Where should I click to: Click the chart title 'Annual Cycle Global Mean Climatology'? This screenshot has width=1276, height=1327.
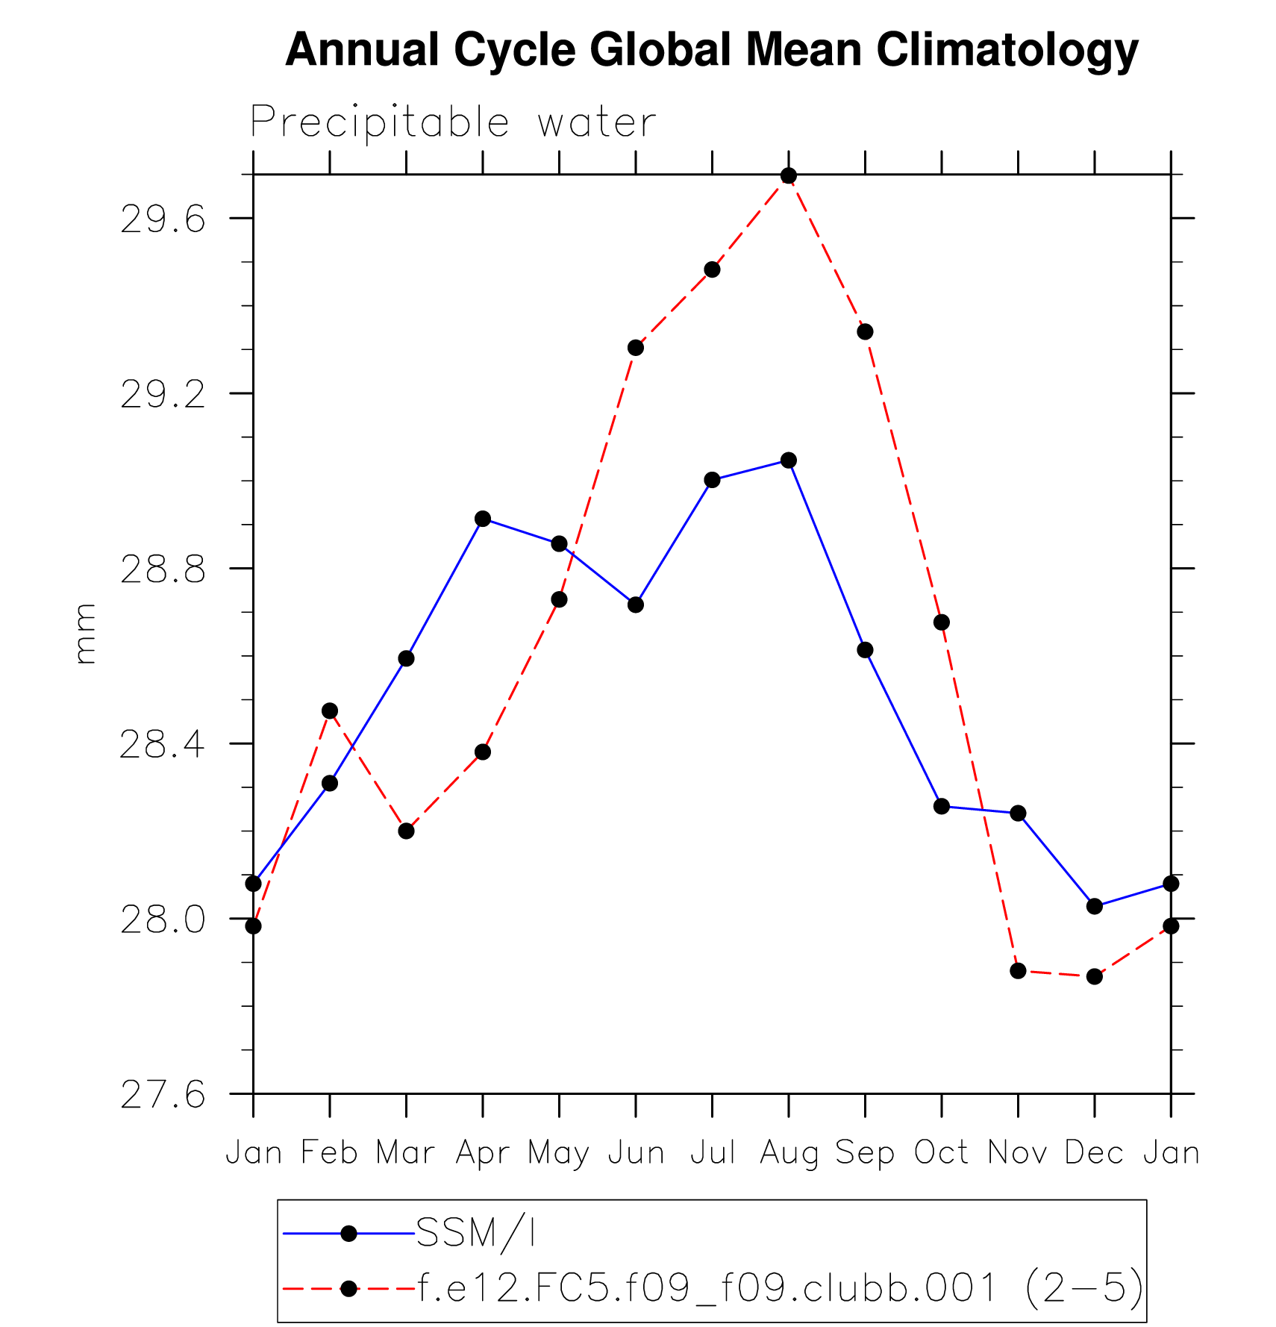pos(711,50)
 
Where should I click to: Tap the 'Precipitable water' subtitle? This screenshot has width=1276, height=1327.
pos(453,122)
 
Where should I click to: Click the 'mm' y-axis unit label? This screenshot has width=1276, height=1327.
pos(85,634)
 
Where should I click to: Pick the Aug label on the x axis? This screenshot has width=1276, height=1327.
pos(788,1152)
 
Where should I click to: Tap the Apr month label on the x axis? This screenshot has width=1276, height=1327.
pos(483,1152)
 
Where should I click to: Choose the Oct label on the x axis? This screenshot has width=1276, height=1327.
pos(941,1152)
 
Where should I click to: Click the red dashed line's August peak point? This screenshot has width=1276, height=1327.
pos(789,176)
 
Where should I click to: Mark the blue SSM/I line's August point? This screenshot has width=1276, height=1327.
pos(789,460)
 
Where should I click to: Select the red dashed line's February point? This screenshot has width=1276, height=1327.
pos(330,711)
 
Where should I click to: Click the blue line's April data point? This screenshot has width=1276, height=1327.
pos(483,519)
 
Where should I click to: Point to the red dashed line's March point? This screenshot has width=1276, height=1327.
pos(406,831)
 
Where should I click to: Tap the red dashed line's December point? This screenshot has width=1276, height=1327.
pos(1095,976)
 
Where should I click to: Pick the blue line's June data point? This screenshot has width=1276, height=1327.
pos(636,605)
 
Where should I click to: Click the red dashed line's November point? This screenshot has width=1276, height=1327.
pos(1018,971)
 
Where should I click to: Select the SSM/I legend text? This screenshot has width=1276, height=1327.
pos(476,1233)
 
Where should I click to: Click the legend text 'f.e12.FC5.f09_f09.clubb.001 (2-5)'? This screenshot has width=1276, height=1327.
pos(780,1287)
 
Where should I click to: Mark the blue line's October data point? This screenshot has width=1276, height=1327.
pos(942,807)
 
